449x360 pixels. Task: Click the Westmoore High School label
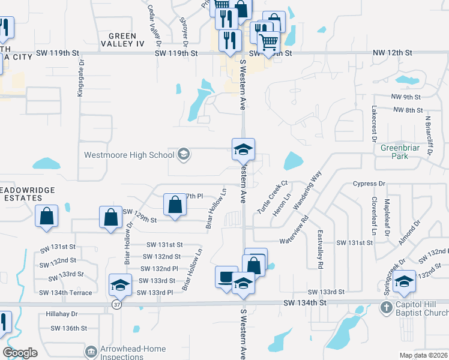[x=129, y=154]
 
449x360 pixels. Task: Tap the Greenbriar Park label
[x=399, y=151]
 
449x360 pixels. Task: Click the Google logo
[x=20, y=352]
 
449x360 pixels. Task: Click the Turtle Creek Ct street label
[x=273, y=190]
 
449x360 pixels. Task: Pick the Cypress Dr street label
[x=368, y=184]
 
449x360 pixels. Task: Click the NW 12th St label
[x=392, y=53]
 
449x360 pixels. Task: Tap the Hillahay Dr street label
[x=62, y=314]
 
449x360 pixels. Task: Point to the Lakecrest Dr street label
[x=373, y=122]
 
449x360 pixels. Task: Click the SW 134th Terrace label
[x=65, y=293]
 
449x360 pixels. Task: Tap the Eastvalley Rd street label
[x=321, y=248]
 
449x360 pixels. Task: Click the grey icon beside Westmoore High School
[x=184, y=155]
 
